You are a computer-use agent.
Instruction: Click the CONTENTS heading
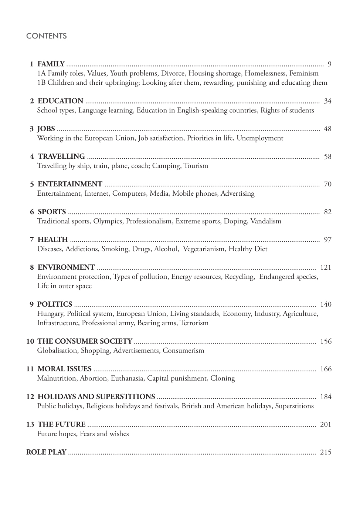pyautogui.click(x=46, y=36)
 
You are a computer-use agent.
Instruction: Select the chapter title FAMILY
pyautogui.click(x=51, y=64)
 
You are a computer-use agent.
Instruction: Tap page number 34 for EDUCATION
pyautogui.click(x=327, y=101)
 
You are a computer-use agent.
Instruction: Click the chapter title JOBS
pyautogui.click(x=46, y=129)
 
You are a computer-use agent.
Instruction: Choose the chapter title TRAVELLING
pyautogui.click(x=61, y=156)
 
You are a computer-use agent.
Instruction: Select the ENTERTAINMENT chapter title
pyautogui.click(x=70, y=184)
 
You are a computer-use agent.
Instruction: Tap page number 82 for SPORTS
pyautogui.click(x=327, y=212)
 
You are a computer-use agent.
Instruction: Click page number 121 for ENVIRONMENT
pyautogui.click(x=326, y=267)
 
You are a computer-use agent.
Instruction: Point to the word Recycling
pyautogui.click(x=240, y=277)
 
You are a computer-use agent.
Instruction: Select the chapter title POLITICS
pyautogui.click(x=55, y=304)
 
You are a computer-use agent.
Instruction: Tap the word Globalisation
pyautogui.click(x=57, y=351)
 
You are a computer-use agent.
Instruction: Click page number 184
pyautogui.click(x=326, y=397)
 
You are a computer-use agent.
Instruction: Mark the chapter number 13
pyautogui.click(x=30, y=425)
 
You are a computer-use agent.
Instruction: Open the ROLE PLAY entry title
pyautogui.click(x=46, y=452)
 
